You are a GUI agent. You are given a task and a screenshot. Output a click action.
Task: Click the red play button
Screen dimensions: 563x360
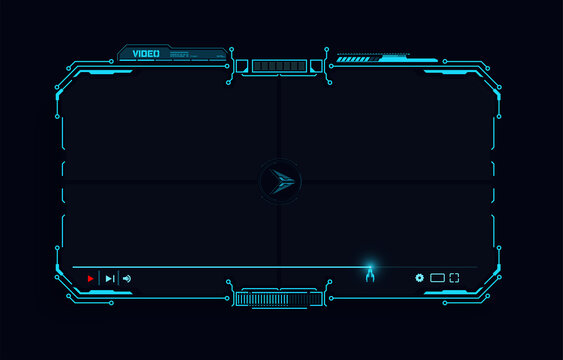pyautogui.click(x=91, y=278)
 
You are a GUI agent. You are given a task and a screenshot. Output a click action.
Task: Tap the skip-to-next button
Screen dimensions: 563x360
pyautogui.click(x=110, y=278)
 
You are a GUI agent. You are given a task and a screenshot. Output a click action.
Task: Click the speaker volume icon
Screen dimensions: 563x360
pyautogui.click(x=127, y=278)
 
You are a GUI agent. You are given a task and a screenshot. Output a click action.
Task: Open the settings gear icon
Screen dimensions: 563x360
pyautogui.click(x=420, y=277)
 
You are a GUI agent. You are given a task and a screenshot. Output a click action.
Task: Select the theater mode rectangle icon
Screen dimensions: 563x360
pyautogui.click(x=437, y=277)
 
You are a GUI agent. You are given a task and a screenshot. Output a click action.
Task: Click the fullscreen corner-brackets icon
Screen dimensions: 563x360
pyautogui.click(x=454, y=277)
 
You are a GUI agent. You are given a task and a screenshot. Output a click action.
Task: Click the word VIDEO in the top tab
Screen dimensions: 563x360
pyautogui.click(x=146, y=53)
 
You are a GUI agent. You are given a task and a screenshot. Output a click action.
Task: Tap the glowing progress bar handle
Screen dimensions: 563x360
pyautogui.click(x=369, y=266)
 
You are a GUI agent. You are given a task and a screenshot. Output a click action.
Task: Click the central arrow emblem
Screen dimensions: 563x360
pyautogui.click(x=281, y=181)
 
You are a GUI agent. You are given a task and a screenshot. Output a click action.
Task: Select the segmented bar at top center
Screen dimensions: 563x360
pyautogui.click(x=279, y=66)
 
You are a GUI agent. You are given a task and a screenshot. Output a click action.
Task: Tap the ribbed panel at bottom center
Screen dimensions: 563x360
pyautogui.click(x=279, y=298)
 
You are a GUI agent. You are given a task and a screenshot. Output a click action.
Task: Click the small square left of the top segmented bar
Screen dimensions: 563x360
pyautogui.click(x=242, y=66)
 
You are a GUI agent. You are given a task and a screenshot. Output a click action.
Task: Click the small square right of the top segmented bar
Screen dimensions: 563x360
pyautogui.click(x=317, y=66)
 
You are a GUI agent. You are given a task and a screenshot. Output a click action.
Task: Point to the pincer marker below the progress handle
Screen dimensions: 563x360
pyautogui.click(x=369, y=276)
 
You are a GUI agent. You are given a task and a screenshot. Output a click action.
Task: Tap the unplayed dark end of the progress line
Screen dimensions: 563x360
pyautogui.click(x=430, y=267)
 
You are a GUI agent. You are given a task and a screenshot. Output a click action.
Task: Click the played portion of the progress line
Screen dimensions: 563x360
pyautogui.click(x=220, y=267)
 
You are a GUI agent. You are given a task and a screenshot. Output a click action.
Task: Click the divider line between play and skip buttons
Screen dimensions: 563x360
pyautogui.click(x=100, y=278)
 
